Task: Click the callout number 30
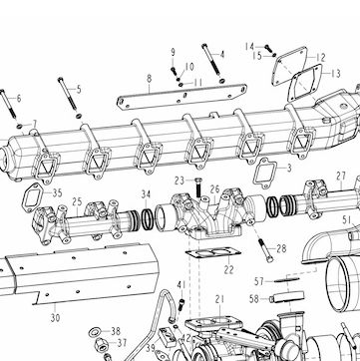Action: pyautogui.click(x=55, y=318)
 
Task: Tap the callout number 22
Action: pyautogui.click(x=228, y=269)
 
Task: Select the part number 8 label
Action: pyautogui.click(x=150, y=79)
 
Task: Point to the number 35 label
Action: pyautogui.click(x=58, y=193)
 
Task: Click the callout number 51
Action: pyautogui.click(x=347, y=219)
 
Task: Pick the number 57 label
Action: pyautogui.click(x=259, y=281)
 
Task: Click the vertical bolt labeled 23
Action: pyautogui.click(x=198, y=187)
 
